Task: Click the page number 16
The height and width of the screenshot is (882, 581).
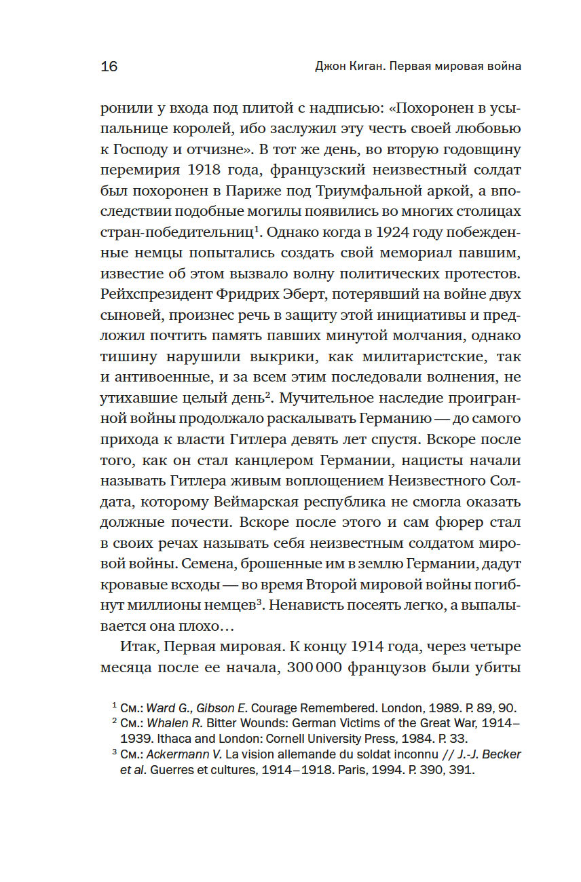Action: click(x=109, y=67)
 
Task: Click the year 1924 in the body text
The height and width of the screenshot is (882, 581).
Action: click(x=397, y=232)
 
